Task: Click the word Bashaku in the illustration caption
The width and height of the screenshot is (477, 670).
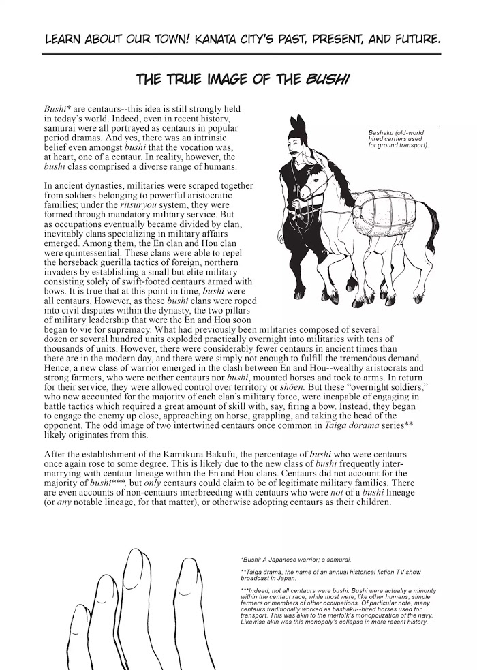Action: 382,132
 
